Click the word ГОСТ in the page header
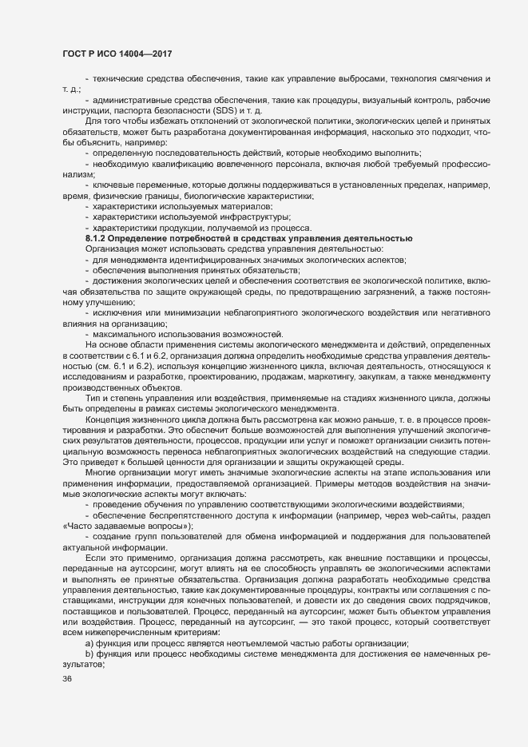tap(74, 54)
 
